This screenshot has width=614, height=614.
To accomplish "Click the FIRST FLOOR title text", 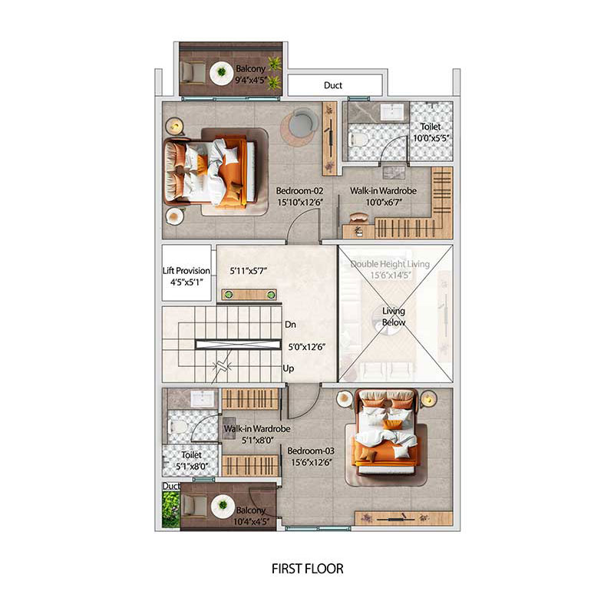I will tap(307, 569).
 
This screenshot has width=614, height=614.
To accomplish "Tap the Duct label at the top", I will tap(332, 86).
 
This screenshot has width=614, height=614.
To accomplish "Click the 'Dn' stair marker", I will tap(290, 325).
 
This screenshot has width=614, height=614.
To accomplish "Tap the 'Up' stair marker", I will tap(289, 368).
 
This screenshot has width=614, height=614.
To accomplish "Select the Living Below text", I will tap(394, 316).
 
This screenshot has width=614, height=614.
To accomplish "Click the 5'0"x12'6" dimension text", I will tap(305, 347).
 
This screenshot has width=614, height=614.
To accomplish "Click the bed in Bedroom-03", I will tap(385, 436).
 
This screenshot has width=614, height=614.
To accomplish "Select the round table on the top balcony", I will tap(222, 73).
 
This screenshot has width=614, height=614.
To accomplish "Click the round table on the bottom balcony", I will tap(223, 506).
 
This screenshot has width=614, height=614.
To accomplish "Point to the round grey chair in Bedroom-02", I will tap(298, 123).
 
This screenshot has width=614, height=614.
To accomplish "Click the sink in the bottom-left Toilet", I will tap(203, 399).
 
